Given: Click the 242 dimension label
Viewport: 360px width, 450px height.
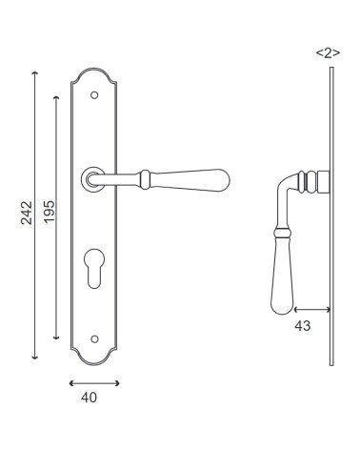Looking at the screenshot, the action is point(27,213).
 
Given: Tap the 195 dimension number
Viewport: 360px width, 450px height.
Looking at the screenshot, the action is point(49,212).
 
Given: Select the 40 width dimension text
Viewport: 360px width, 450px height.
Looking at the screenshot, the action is point(89,398).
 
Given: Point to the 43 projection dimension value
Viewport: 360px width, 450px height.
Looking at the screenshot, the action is point(303,326).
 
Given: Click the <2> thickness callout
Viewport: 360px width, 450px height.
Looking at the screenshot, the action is point(328,52).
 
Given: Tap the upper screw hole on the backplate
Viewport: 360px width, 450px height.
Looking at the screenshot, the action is point(94,95).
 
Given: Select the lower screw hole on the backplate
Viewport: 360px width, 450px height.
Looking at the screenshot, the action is point(94,338).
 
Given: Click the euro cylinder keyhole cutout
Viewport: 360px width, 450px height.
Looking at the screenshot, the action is point(94,267).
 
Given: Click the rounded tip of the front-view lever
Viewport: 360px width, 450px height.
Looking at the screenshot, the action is point(226,180).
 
